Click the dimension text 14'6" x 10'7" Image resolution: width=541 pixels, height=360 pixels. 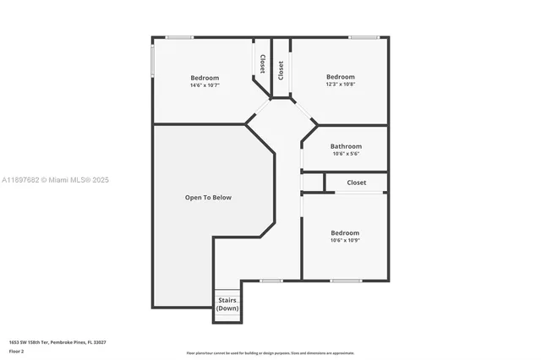click(x=204, y=85)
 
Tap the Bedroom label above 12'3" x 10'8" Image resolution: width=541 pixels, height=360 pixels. click(x=341, y=76)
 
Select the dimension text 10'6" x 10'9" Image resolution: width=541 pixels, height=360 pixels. click(x=344, y=241)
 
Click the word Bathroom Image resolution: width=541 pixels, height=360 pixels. click(x=346, y=146)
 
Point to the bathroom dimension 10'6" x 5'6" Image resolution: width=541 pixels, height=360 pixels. click(x=346, y=154)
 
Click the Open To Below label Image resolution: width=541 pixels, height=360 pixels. click(x=208, y=198)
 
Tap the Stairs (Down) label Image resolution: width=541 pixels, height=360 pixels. click(x=227, y=304)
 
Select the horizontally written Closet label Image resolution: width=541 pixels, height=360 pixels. click(x=356, y=183)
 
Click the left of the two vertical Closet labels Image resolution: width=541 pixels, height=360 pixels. click(x=262, y=64)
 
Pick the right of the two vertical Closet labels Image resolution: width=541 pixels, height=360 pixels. click(x=281, y=69)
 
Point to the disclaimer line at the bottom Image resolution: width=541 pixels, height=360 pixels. click(x=270, y=353)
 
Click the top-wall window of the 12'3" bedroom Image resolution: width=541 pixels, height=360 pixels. click(x=363, y=36)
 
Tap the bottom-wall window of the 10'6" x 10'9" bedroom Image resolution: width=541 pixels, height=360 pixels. click(x=346, y=281)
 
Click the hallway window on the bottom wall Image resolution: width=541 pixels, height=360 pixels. click(x=271, y=281)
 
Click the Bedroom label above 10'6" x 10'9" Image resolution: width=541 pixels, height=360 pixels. click(x=344, y=232)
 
